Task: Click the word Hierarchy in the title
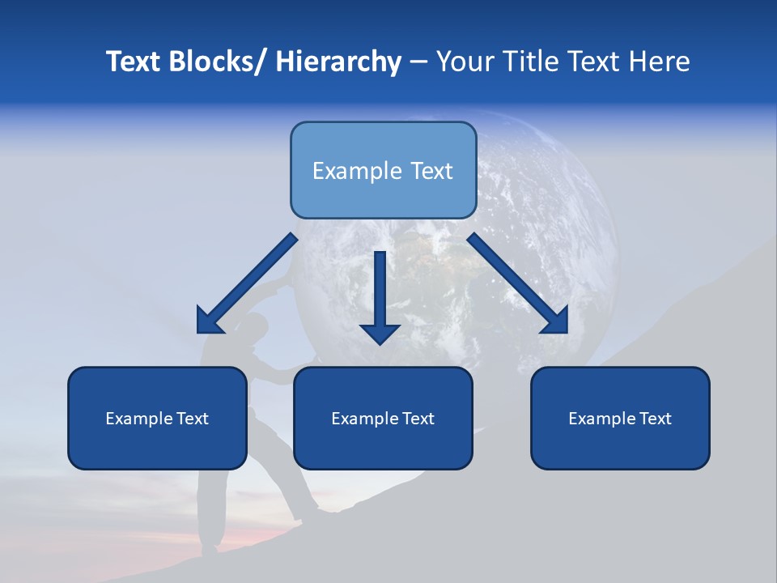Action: pyautogui.click(x=338, y=62)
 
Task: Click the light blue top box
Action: pyautogui.click(x=383, y=170)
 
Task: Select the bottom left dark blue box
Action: pyautogui.click(x=157, y=418)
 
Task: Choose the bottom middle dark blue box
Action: pyautogui.click(x=383, y=418)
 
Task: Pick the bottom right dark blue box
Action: pyautogui.click(x=620, y=418)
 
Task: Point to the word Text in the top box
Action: pyautogui.click(x=430, y=171)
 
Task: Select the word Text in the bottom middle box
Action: pyautogui.click(x=418, y=419)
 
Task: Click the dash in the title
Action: pyautogui.click(x=418, y=62)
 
